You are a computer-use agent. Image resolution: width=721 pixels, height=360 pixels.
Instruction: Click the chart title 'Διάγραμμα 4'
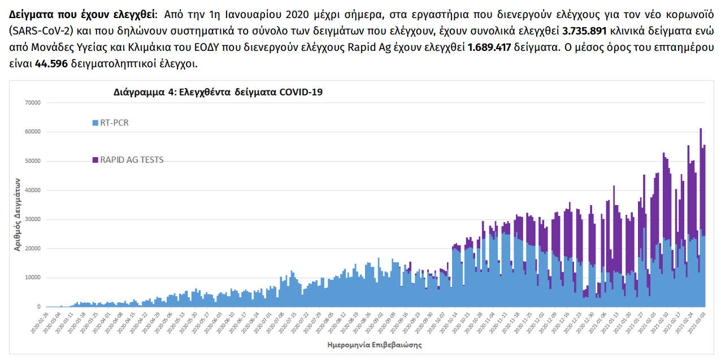pyautogui.click(x=218, y=92)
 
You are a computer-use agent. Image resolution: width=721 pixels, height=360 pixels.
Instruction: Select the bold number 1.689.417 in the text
pyautogui.click(x=489, y=47)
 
